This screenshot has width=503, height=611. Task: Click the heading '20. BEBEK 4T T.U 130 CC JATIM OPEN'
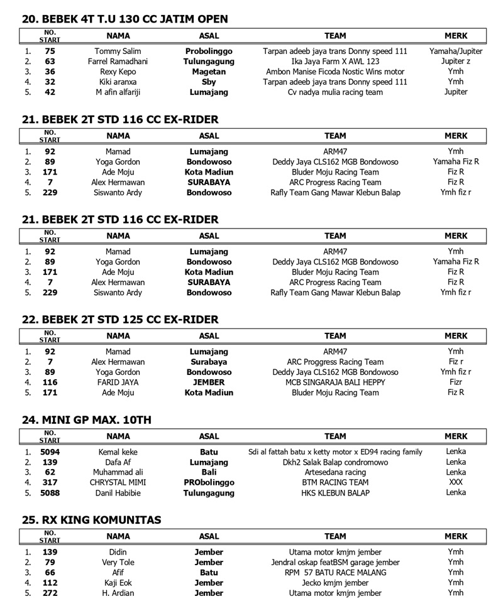pyautogui.click(x=124, y=19)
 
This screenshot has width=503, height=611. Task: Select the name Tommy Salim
pyautogui.click(x=118, y=51)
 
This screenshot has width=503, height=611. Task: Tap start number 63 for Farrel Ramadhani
pyautogui.click(x=50, y=62)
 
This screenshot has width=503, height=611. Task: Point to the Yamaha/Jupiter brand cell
pyautogui.click(x=456, y=51)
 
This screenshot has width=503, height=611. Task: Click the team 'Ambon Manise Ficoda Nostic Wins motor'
pyautogui.click(x=335, y=72)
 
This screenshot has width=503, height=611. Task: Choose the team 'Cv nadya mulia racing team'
pyautogui.click(x=335, y=92)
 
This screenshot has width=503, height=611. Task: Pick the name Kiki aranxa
pyautogui.click(x=118, y=82)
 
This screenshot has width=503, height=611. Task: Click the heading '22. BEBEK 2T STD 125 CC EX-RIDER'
pyautogui.click(x=120, y=320)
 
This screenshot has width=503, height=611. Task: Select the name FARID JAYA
pyautogui.click(x=118, y=382)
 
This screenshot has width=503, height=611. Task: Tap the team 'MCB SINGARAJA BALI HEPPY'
pyautogui.click(x=335, y=382)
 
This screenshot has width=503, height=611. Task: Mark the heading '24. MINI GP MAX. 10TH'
pyautogui.click(x=86, y=419)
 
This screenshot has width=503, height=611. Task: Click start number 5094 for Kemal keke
pyautogui.click(x=50, y=451)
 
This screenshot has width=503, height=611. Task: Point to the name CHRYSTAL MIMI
pyautogui.click(x=118, y=482)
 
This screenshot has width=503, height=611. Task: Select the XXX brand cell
pyautogui.click(x=456, y=482)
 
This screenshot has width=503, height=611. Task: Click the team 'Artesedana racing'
pyautogui.click(x=335, y=472)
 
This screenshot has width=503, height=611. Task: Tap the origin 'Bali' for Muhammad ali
pyautogui.click(x=209, y=472)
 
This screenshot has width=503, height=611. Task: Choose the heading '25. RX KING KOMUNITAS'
pyautogui.click(x=91, y=520)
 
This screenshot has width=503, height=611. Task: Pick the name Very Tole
pyautogui.click(x=118, y=562)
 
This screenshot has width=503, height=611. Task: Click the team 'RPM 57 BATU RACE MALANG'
pyautogui.click(x=335, y=572)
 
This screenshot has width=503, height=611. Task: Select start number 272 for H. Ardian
pyautogui.click(x=50, y=593)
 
